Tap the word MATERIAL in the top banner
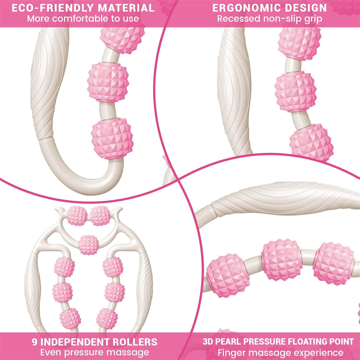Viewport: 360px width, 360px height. pos(126,8)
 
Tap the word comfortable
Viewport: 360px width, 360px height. pos(82,19)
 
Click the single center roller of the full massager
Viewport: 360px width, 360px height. pos(89,245)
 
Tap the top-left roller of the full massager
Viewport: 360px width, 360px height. pos(77,216)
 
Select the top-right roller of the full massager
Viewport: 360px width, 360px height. pos(100,216)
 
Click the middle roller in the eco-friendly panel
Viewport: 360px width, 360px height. pos(108,82)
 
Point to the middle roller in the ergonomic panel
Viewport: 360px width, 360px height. pos(295,92)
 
